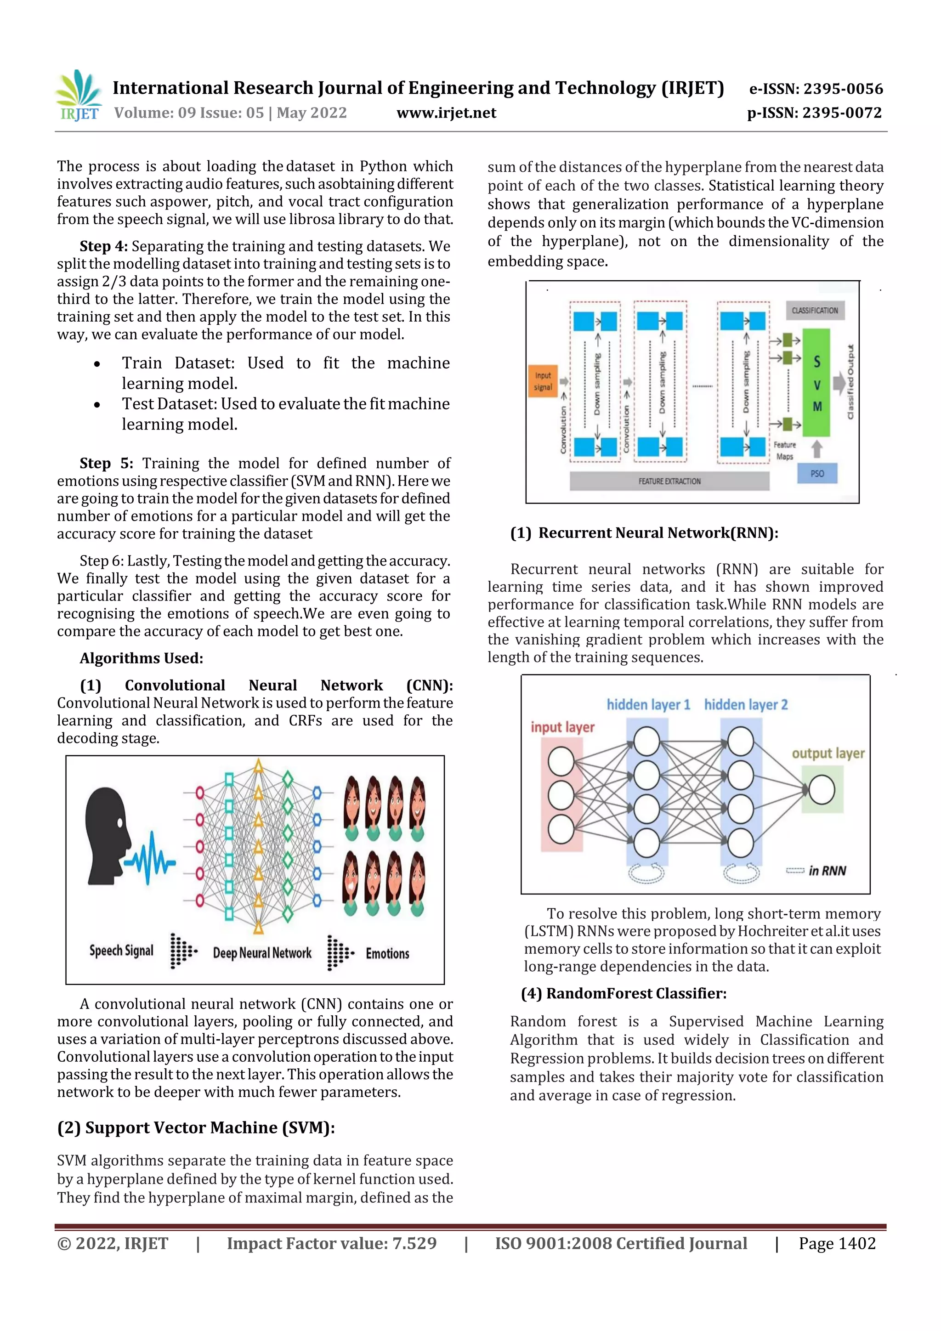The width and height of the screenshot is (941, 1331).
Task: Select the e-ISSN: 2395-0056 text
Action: [816, 89]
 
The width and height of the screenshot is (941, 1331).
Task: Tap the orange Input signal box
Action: [543, 381]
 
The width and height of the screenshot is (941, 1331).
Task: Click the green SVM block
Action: [816, 383]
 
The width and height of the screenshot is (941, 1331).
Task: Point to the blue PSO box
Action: [817, 474]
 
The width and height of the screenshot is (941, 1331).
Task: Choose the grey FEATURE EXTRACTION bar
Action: [669, 481]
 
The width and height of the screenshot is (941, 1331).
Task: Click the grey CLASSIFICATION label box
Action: [815, 310]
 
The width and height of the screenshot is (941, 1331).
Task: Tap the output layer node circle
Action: [821, 790]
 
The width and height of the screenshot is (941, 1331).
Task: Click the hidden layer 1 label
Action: [648, 704]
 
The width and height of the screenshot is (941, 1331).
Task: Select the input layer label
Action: [562, 726]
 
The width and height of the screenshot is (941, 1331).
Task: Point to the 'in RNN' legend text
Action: [827, 871]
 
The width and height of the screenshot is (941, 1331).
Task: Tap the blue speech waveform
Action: [150, 857]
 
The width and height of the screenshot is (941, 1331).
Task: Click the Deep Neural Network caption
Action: [262, 953]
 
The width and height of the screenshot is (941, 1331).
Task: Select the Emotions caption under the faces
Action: [387, 953]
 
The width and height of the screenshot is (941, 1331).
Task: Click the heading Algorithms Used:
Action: [142, 658]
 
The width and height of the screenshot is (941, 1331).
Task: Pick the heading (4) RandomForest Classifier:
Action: [624, 993]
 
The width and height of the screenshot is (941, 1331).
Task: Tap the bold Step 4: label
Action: [103, 246]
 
